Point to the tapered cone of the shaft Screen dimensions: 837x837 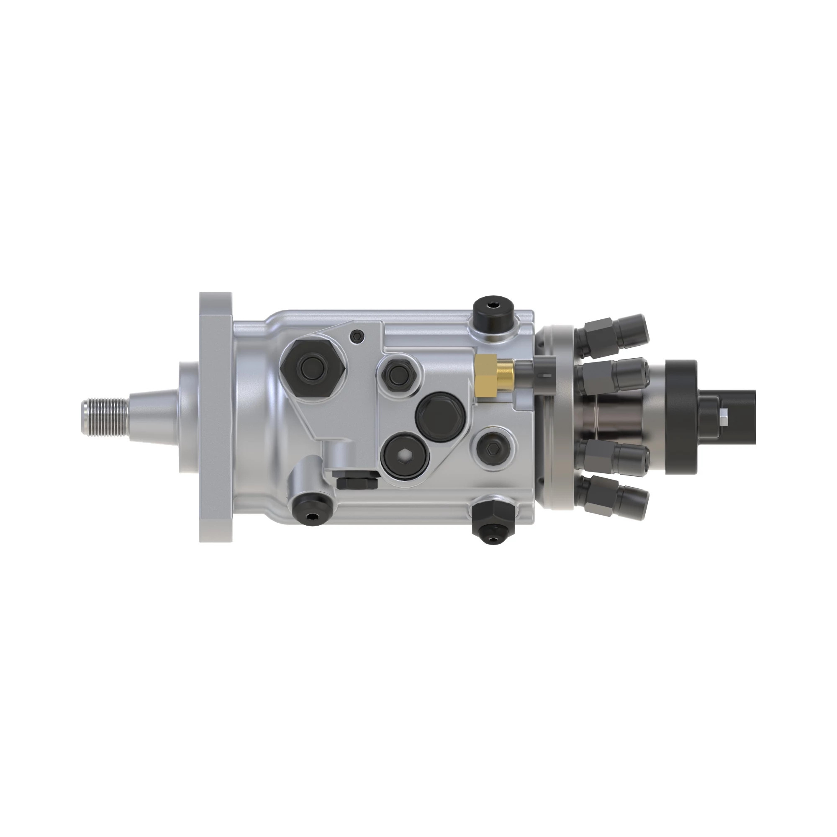[152, 418]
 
